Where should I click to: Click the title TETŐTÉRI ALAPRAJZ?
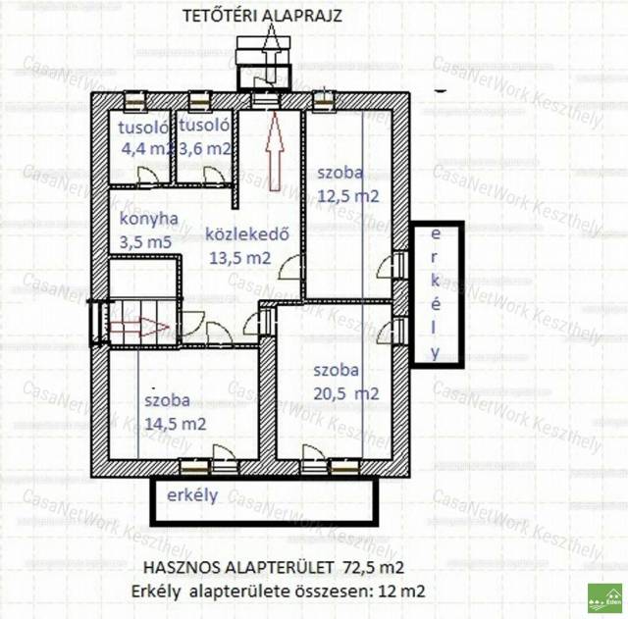tap(262, 16)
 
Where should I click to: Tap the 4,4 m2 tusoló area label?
tap(147, 149)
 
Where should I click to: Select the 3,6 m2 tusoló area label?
tap(205, 149)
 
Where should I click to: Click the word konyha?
tap(149, 220)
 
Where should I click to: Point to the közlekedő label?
tap(247, 234)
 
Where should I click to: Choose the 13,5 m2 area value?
tap(240, 258)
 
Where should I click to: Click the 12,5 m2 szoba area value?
tap(348, 196)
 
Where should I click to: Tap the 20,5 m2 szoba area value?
tap(346, 394)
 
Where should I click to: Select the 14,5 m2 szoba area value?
tap(176, 424)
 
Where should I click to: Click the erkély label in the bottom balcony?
tap(192, 495)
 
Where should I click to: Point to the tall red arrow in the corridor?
tap(275, 151)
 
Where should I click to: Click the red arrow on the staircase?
tap(139, 328)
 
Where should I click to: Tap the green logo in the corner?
tap(604, 598)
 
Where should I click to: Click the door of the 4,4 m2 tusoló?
tap(148, 177)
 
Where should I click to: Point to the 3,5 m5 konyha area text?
tap(146, 242)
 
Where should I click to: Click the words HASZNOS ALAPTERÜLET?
tap(238, 568)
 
